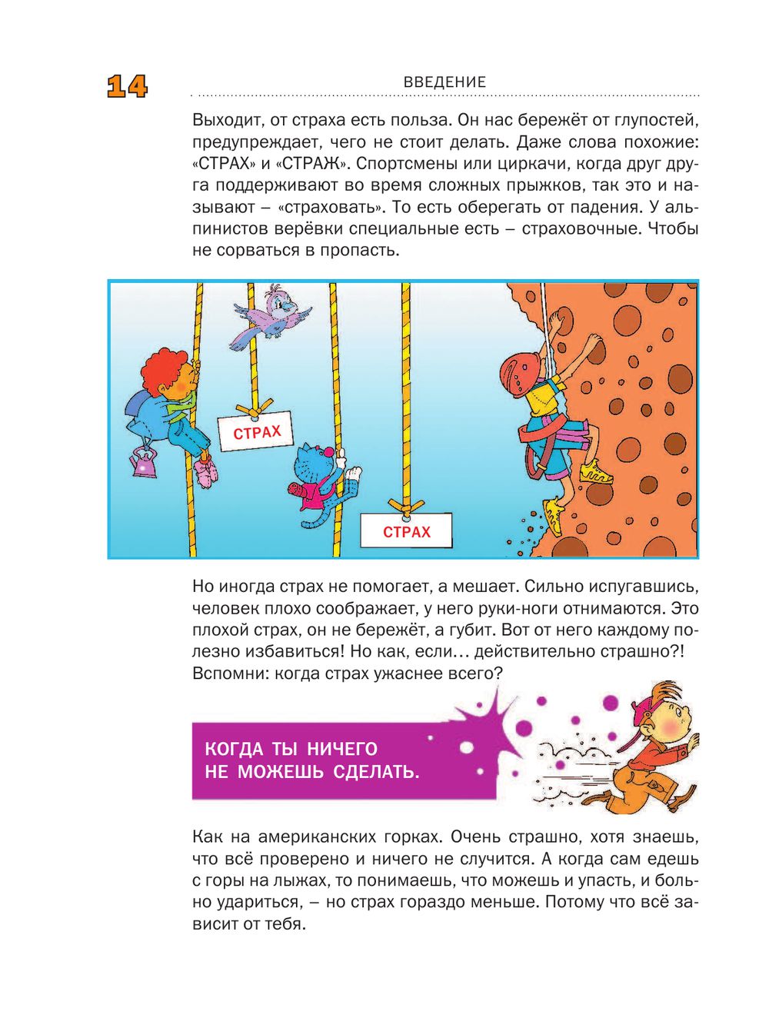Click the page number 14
[x=127, y=86]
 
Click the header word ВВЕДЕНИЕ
[x=444, y=82]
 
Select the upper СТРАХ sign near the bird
[x=257, y=432]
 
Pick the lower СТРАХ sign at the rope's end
[x=406, y=531]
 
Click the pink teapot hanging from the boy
[x=143, y=463]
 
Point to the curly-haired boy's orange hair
[x=162, y=367]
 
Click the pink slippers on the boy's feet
[x=206, y=472]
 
